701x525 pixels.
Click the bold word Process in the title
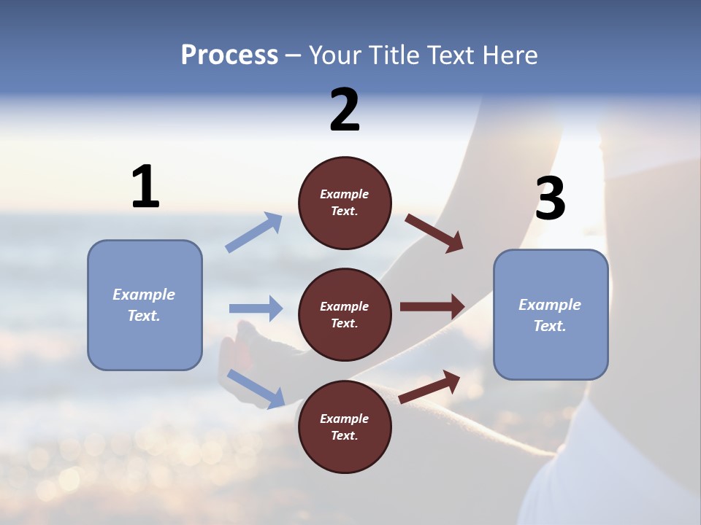pyautogui.click(x=229, y=55)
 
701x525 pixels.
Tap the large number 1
pyautogui.click(x=145, y=187)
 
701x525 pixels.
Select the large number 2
pyautogui.click(x=345, y=110)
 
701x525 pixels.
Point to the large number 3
pyautogui.click(x=550, y=198)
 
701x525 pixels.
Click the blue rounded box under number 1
pyautogui.click(x=145, y=305)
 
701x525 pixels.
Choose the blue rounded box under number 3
pyautogui.click(x=551, y=314)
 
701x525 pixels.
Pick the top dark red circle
pyautogui.click(x=345, y=203)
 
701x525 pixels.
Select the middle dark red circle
pyautogui.click(x=345, y=314)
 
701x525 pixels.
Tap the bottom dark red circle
pyautogui.click(x=345, y=427)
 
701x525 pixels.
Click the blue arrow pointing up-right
pyautogui.click(x=254, y=233)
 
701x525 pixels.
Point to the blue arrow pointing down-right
pyautogui.click(x=256, y=389)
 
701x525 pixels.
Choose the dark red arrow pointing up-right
pyautogui.click(x=430, y=386)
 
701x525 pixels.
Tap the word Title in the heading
pyautogui.click(x=395, y=55)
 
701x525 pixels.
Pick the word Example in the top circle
pyautogui.click(x=345, y=194)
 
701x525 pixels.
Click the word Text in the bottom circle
pyautogui.click(x=343, y=435)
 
